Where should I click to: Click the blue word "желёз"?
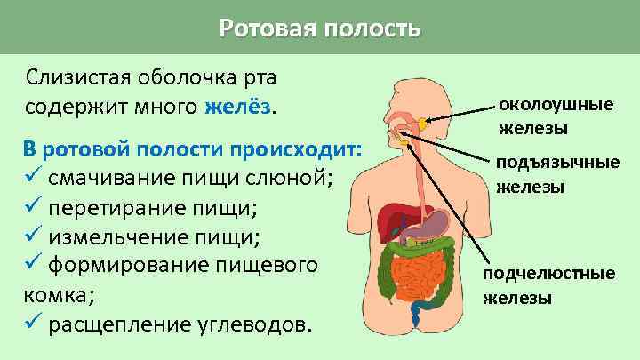(237, 107)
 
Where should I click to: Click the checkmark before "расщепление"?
(33, 323)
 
